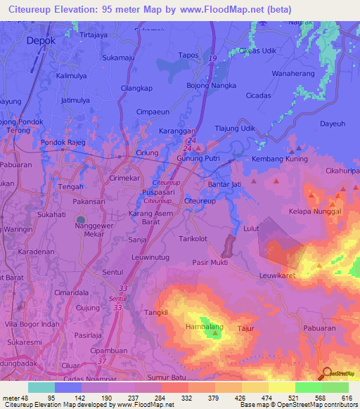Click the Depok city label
40,41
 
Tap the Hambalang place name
203,327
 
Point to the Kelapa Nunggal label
314,211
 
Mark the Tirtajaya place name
97,34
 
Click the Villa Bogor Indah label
31,324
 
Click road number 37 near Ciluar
101,361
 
